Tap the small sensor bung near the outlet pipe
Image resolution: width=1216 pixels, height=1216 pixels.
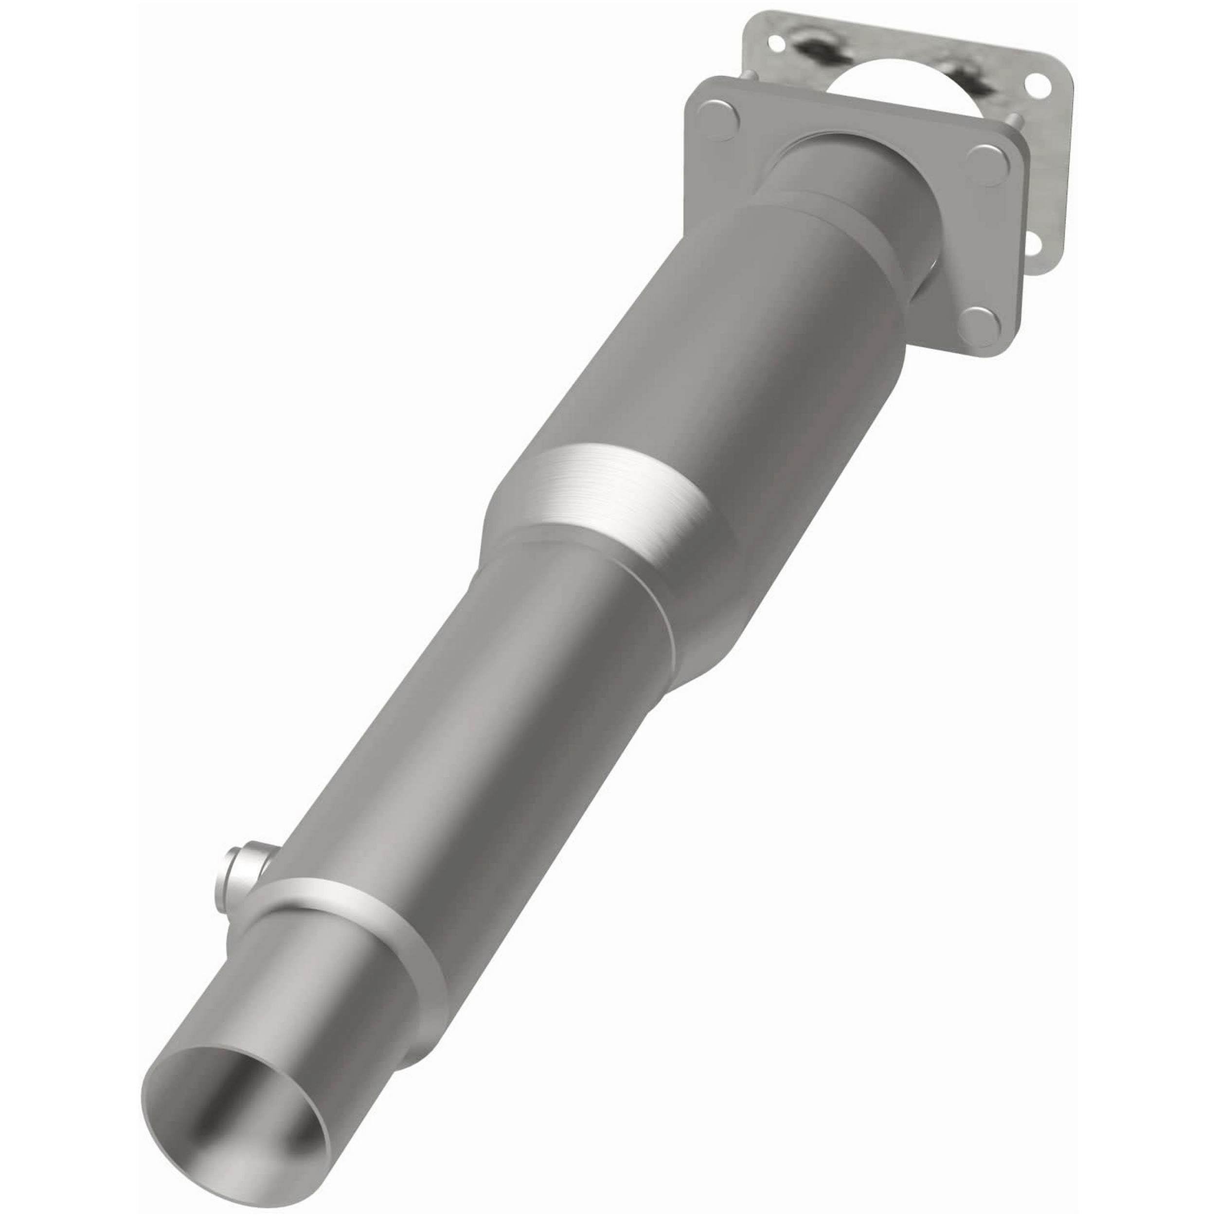pos(242,867)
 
